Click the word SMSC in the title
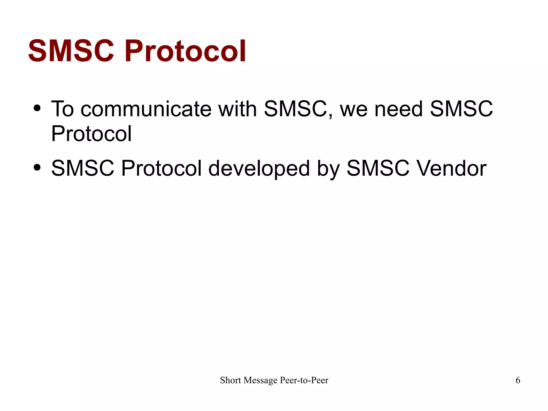(x=71, y=51)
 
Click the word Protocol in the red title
(x=185, y=51)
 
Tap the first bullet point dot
(x=37, y=108)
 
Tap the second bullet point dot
(x=37, y=168)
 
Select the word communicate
(x=146, y=109)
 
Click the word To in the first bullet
(x=62, y=109)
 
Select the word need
(x=399, y=109)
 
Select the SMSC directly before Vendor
(x=378, y=168)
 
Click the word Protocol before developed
(x=161, y=168)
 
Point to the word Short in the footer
(x=230, y=380)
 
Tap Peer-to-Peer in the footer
(x=304, y=380)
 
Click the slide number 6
(x=518, y=380)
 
